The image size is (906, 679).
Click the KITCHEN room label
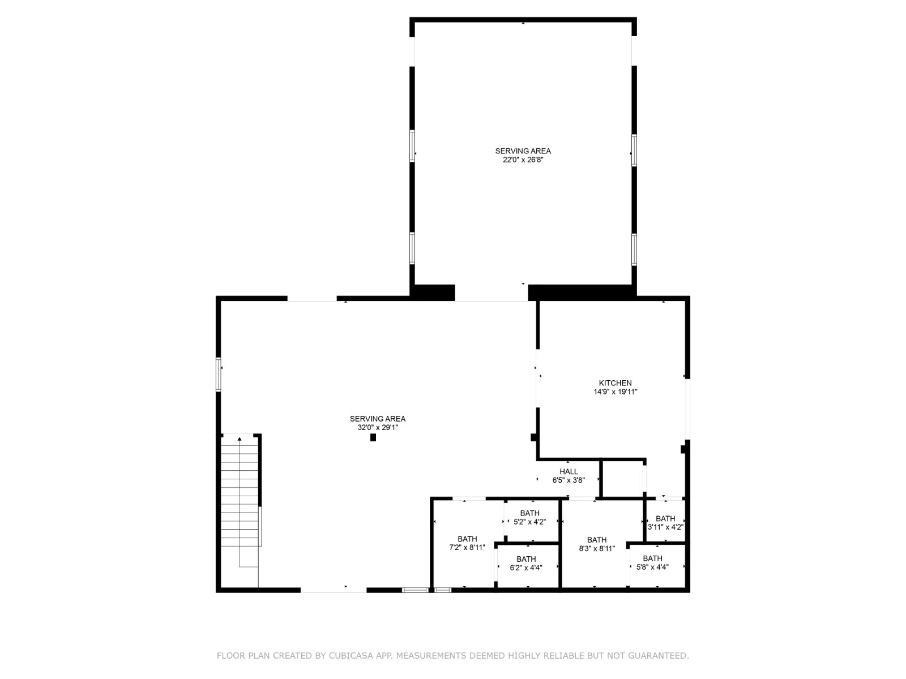click(615, 383)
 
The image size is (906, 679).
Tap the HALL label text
click(569, 471)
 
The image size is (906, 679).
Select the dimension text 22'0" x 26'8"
click(523, 160)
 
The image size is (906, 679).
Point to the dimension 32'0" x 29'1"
click(378, 428)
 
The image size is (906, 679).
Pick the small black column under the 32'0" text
click(373, 437)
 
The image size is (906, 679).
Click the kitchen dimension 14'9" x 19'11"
click(615, 392)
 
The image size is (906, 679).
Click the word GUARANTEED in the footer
click(659, 656)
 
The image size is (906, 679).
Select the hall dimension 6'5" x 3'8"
click(569, 480)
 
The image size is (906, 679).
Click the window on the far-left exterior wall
click(218, 374)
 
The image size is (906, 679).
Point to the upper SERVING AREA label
click(523, 151)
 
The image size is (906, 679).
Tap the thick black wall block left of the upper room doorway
click(434, 293)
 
